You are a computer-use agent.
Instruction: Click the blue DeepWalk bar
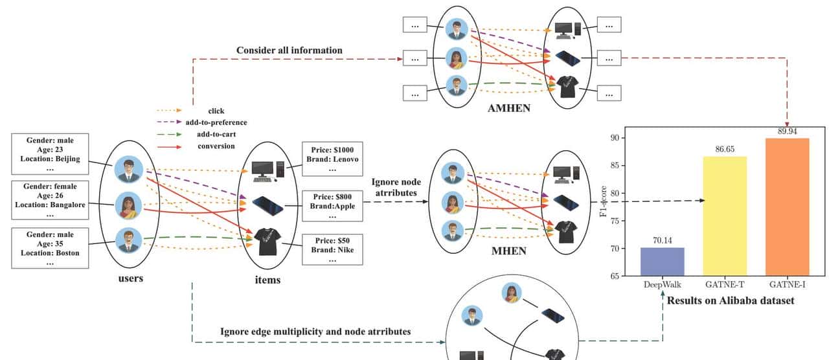click(663, 262)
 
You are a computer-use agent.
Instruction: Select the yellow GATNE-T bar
click(725, 216)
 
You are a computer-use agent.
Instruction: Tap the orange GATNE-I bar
click(787, 207)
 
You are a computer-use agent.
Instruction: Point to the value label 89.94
click(787, 131)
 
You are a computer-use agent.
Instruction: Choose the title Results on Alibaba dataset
click(730, 300)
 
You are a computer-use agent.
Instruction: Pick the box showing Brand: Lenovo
click(333, 155)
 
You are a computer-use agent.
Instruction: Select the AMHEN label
click(508, 108)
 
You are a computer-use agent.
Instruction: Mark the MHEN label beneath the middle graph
click(508, 251)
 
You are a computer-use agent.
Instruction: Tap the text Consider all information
click(290, 50)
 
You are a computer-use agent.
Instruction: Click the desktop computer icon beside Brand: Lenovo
click(266, 168)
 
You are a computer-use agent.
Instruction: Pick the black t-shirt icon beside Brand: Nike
click(267, 242)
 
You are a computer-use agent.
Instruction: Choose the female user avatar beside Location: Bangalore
click(128, 207)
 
